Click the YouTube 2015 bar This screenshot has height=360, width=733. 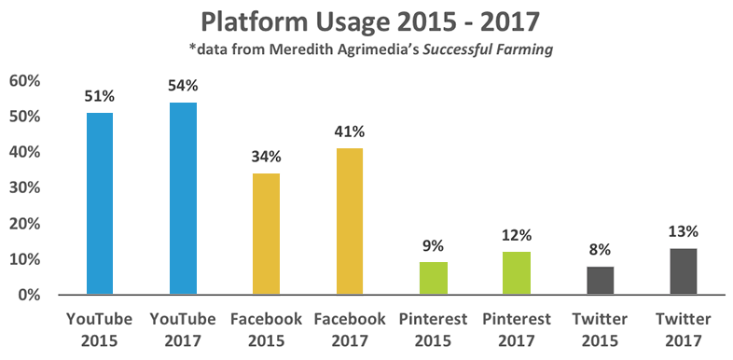(99, 203)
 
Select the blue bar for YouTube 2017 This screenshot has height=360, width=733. (183, 199)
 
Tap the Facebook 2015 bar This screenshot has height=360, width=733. (266, 234)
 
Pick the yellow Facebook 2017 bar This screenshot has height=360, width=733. (349, 222)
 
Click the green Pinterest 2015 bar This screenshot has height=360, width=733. (433, 278)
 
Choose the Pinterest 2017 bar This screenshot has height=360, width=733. (516, 273)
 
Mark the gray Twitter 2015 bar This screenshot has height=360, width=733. (600, 280)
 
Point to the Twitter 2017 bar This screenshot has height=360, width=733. (683, 271)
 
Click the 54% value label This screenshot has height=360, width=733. (183, 86)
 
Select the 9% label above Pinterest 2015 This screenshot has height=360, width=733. (433, 245)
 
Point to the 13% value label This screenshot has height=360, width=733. (683, 231)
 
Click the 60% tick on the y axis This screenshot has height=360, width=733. (25, 81)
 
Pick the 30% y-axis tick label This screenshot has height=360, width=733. (25, 188)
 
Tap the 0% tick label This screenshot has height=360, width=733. (29, 296)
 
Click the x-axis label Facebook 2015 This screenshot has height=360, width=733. (266, 327)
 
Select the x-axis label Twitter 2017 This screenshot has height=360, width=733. (683, 327)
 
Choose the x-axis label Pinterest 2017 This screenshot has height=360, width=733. (516, 327)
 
